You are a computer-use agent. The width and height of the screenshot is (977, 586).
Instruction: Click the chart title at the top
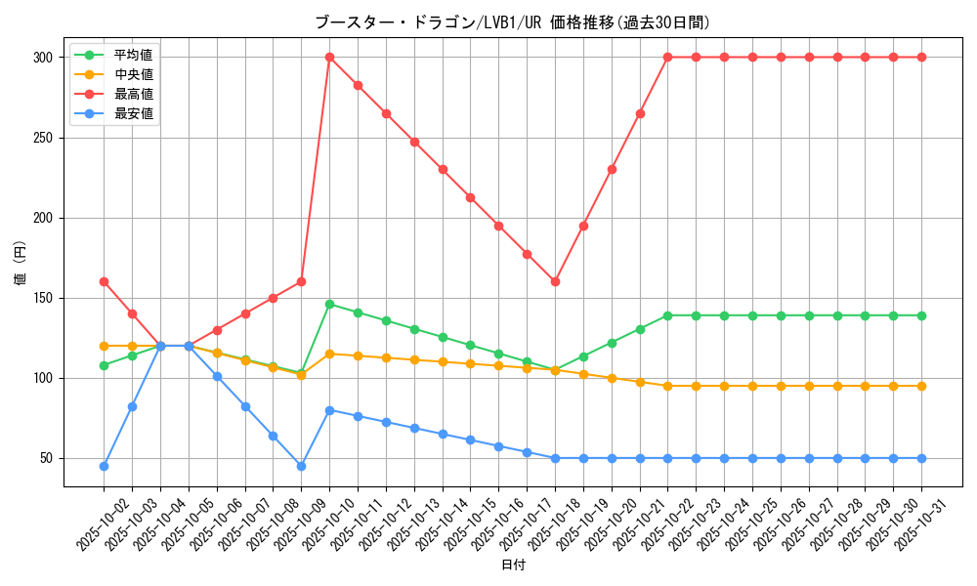[x=512, y=21]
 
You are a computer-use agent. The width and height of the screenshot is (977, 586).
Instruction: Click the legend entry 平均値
[x=133, y=55]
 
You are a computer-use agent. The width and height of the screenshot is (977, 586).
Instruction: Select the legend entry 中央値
[x=133, y=74]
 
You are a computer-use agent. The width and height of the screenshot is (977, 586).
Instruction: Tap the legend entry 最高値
[x=133, y=94]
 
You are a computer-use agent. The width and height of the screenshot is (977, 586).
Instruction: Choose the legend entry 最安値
[x=133, y=113]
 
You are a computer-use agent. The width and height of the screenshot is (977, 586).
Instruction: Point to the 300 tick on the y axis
[x=43, y=58]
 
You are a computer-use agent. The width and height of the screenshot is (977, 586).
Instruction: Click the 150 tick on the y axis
[x=43, y=298]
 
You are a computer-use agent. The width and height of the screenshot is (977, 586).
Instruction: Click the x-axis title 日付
[x=512, y=565]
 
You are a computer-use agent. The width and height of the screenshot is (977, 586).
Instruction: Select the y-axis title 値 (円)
[x=21, y=264]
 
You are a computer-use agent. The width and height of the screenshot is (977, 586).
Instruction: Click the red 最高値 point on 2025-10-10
[x=329, y=57]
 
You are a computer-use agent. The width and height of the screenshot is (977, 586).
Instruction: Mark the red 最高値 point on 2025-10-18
[x=555, y=281]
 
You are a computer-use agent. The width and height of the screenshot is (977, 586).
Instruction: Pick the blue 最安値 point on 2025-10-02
[x=104, y=466]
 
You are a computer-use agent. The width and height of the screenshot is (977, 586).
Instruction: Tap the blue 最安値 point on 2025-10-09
[x=301, y=466]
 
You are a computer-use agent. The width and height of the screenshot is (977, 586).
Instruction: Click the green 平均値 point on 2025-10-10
[x=329, y=304]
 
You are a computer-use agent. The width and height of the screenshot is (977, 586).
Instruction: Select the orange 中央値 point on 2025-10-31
[x=921, y=386]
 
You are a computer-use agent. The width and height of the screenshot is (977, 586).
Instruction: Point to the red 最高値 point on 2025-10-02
[x=104, y=281]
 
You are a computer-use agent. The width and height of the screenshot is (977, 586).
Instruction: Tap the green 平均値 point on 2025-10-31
[x=921, y=315]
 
